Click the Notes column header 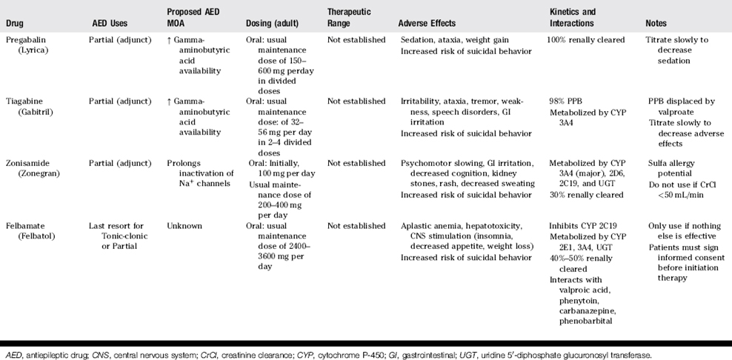click(x=660, y=23)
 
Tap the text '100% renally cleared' click(x=586, y=39)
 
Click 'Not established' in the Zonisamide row click(x=356, y=164)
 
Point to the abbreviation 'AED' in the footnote click(x=13, y=356)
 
